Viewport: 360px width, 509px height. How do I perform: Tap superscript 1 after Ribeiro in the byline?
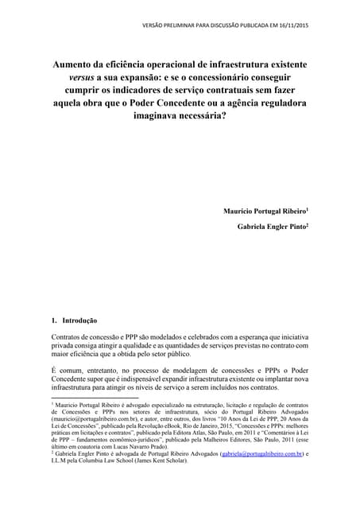(308, 208)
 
